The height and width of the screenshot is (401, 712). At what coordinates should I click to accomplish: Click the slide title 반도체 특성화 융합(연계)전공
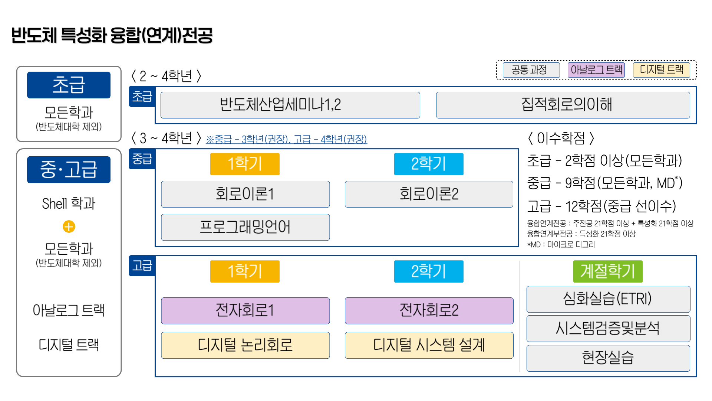(x=112, y=36)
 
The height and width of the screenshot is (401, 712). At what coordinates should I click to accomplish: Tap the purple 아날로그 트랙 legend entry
(x=596, y=70)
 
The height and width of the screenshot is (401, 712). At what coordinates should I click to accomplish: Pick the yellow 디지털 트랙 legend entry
(x=661, y=70)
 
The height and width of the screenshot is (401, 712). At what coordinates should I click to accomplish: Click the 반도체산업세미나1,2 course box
(x=290, y=105)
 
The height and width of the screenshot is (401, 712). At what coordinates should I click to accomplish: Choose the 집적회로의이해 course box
(x=563, y=105)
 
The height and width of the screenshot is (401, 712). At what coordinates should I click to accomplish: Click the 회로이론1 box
(x=245, y=194)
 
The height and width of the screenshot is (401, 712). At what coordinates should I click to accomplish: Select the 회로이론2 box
(x=429, y=194)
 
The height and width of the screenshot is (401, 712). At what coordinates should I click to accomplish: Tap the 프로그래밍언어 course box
(x=245, y=227)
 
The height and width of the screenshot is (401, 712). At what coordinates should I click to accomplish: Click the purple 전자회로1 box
(x=245, y=310)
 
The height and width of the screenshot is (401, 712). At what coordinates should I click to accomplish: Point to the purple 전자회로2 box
(x=429, y=310)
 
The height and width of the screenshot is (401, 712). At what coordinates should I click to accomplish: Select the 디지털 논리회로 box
(x=245, y=345)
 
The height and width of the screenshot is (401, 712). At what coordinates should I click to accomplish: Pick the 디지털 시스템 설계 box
(x=429, y=345)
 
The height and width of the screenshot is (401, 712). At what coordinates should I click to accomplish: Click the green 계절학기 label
(x=607, y=271)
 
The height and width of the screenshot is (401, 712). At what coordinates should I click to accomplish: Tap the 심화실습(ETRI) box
(x=608, y=299)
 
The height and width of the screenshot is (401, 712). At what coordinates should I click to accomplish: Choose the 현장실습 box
(x=608, y=358)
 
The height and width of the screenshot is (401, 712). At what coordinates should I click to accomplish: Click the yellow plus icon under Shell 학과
(x=69, y=226)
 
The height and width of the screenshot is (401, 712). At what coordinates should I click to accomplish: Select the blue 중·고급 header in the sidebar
(x=69, y=170)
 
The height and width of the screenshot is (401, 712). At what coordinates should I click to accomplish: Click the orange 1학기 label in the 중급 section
(x=245, y=164)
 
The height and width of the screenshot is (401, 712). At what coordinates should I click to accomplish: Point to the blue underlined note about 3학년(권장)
(x=286, y=139)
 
